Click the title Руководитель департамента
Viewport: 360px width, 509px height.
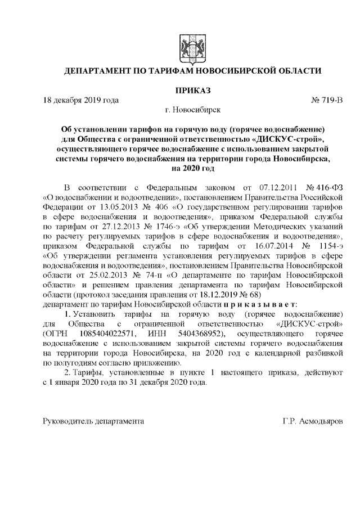(93, 421)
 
